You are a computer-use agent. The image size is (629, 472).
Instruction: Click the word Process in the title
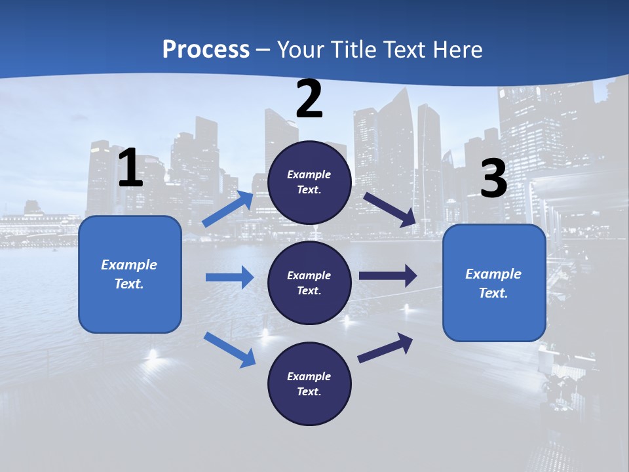click(206, 49)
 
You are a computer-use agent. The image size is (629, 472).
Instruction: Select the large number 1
click(130, 168)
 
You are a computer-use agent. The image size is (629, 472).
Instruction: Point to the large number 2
click(309, 99)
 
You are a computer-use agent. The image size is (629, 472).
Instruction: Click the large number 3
click(493, 179)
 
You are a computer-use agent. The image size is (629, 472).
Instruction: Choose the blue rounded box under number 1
click(130, 274)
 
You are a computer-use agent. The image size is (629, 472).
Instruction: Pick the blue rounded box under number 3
click(494, 283)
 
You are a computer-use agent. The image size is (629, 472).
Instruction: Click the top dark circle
click(309, 182)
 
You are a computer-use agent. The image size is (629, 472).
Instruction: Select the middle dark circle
click(309, 283)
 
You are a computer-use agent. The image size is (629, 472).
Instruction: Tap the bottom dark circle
click(309, 384)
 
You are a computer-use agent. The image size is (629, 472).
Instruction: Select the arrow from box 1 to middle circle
click(229, 277)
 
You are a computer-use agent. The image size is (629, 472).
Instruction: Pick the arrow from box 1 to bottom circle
click(229, 349)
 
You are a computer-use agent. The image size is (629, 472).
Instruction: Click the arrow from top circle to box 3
click(390, 209)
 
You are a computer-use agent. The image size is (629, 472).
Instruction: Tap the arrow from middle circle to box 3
click(388, 275)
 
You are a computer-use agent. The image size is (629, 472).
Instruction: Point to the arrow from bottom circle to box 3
click(385, 347)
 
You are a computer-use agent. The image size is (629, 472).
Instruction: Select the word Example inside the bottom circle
click(309, 376)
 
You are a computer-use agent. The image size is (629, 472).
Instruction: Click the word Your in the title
click(299, 49)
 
